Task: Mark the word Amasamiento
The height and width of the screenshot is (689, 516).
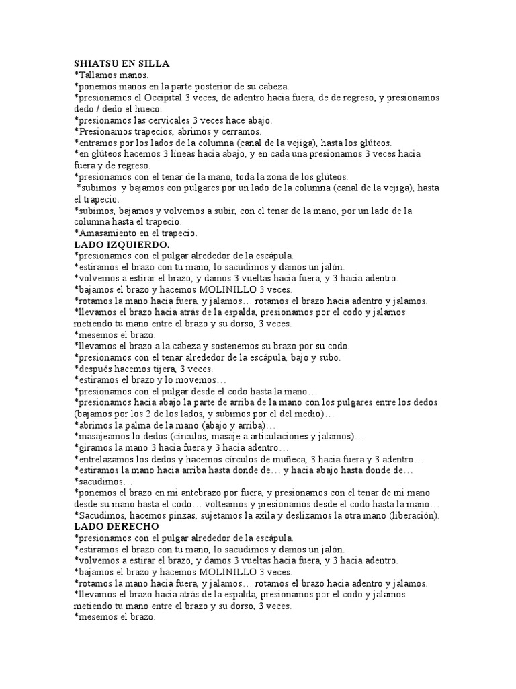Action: click(x=106, y=233)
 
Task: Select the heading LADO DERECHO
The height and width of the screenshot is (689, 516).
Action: click(x=116, y=526)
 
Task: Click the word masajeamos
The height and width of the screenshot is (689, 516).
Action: click(x=103, y=437)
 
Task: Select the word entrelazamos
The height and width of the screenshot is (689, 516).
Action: click(x=105, y=459)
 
